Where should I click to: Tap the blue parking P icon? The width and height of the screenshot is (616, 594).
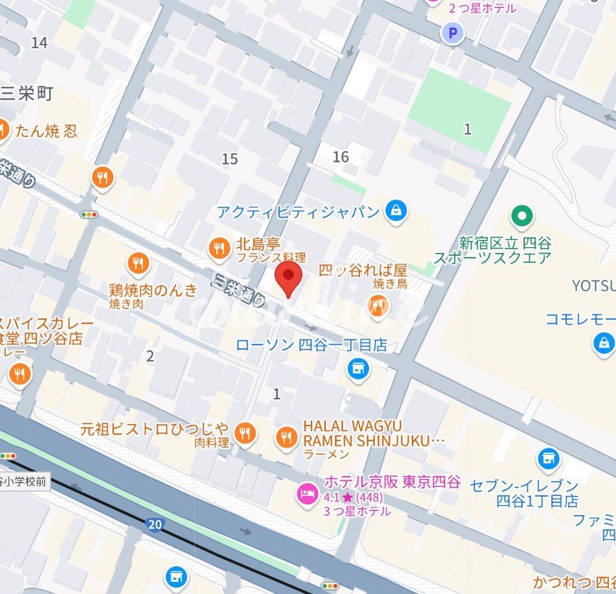click(452, 31)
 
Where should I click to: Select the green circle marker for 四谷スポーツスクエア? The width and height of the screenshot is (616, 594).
click(523, 215)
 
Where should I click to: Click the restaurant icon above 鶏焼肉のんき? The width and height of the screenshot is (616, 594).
click(138, 264)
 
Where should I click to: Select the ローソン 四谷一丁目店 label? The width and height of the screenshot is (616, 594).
click(312, 345)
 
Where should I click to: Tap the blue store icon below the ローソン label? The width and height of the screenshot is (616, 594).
click(357, 369)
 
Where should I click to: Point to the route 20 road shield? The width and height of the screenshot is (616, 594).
click(154, 524)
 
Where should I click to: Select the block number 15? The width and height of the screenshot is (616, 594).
click(229, 159)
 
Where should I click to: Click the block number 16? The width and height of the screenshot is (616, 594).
click(341, 156)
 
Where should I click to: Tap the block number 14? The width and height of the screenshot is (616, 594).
click(39, 43)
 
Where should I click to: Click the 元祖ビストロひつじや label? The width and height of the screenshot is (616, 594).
click(154, 428)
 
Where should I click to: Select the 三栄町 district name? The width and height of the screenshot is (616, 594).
click(27, 93)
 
